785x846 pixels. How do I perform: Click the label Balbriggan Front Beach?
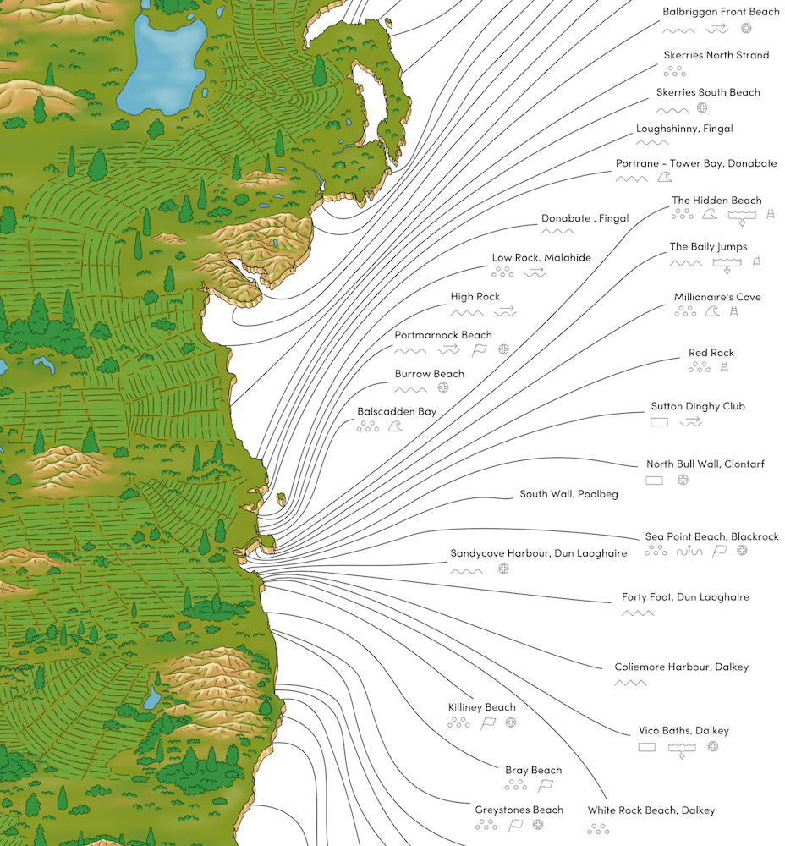coord(721,12)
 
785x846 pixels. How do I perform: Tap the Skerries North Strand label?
coord(716,55)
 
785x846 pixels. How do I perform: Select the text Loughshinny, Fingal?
coord(684,129)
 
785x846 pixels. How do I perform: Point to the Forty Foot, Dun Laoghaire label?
coord(685,597)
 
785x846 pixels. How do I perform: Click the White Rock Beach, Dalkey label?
coord(651,810)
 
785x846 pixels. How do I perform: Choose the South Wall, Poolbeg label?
coord(568,494)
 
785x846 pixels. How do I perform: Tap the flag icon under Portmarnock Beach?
coord(480,349)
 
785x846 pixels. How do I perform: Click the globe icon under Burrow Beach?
coord(442,388)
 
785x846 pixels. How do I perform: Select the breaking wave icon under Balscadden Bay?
coord(394,427)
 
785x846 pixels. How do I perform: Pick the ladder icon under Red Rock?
coord(724,367)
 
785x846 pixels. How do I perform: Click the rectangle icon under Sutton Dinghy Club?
coord(659,421)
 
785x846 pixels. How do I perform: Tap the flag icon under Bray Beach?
coord(546,786)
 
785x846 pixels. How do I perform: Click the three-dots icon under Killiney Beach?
coord(458,723)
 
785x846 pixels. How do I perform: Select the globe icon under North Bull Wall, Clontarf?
coord(683,480)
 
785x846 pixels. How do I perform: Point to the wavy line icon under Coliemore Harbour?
coord(630,683)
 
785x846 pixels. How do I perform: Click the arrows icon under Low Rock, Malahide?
coord(535,272)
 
